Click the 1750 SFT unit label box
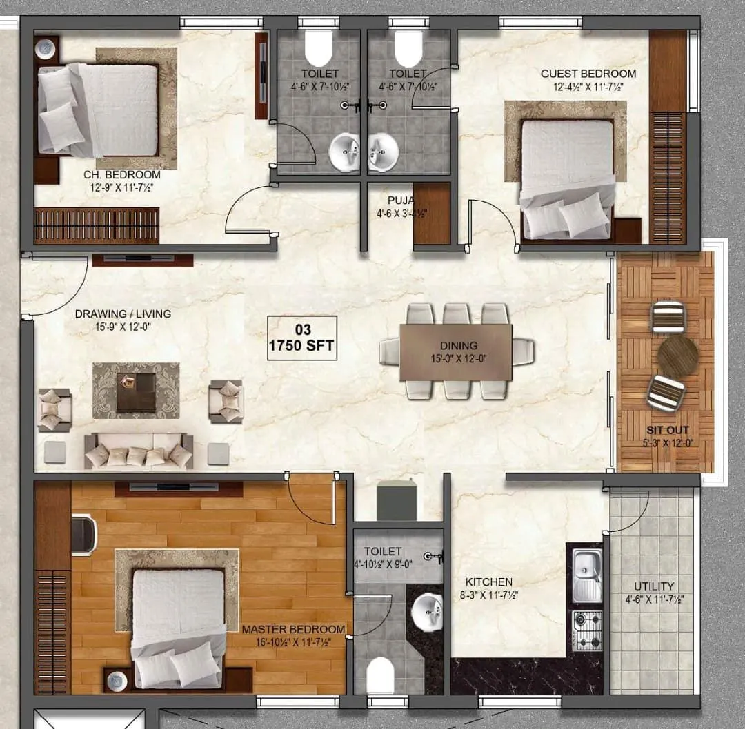pos(302,338)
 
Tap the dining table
pos(456,351)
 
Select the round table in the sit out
pos(677,356)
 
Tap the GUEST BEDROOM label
pos(588,74)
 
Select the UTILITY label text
pos(654,586)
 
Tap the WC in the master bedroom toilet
pos(380,675)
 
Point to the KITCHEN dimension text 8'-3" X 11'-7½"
pos(488,595)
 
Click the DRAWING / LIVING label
pos(123,314)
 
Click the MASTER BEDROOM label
pos(293,629)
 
